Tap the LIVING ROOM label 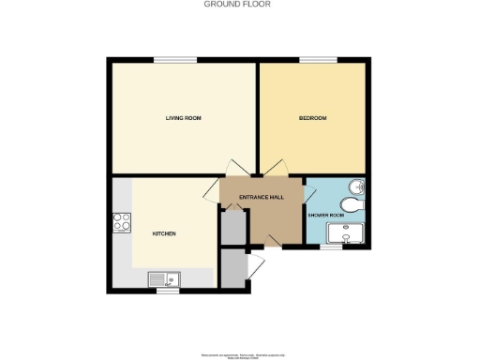[184, 118]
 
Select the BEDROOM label [312, 118]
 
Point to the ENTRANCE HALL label [262, 196]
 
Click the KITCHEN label [165, 233]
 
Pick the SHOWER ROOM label [326, 215]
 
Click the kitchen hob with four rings [121, 223]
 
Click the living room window [175, 61]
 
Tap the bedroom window [312, 61]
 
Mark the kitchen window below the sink [168, 291]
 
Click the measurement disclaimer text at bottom [239, 355]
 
